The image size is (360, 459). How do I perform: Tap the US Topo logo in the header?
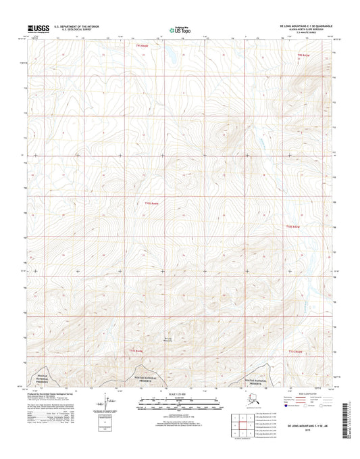178,30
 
